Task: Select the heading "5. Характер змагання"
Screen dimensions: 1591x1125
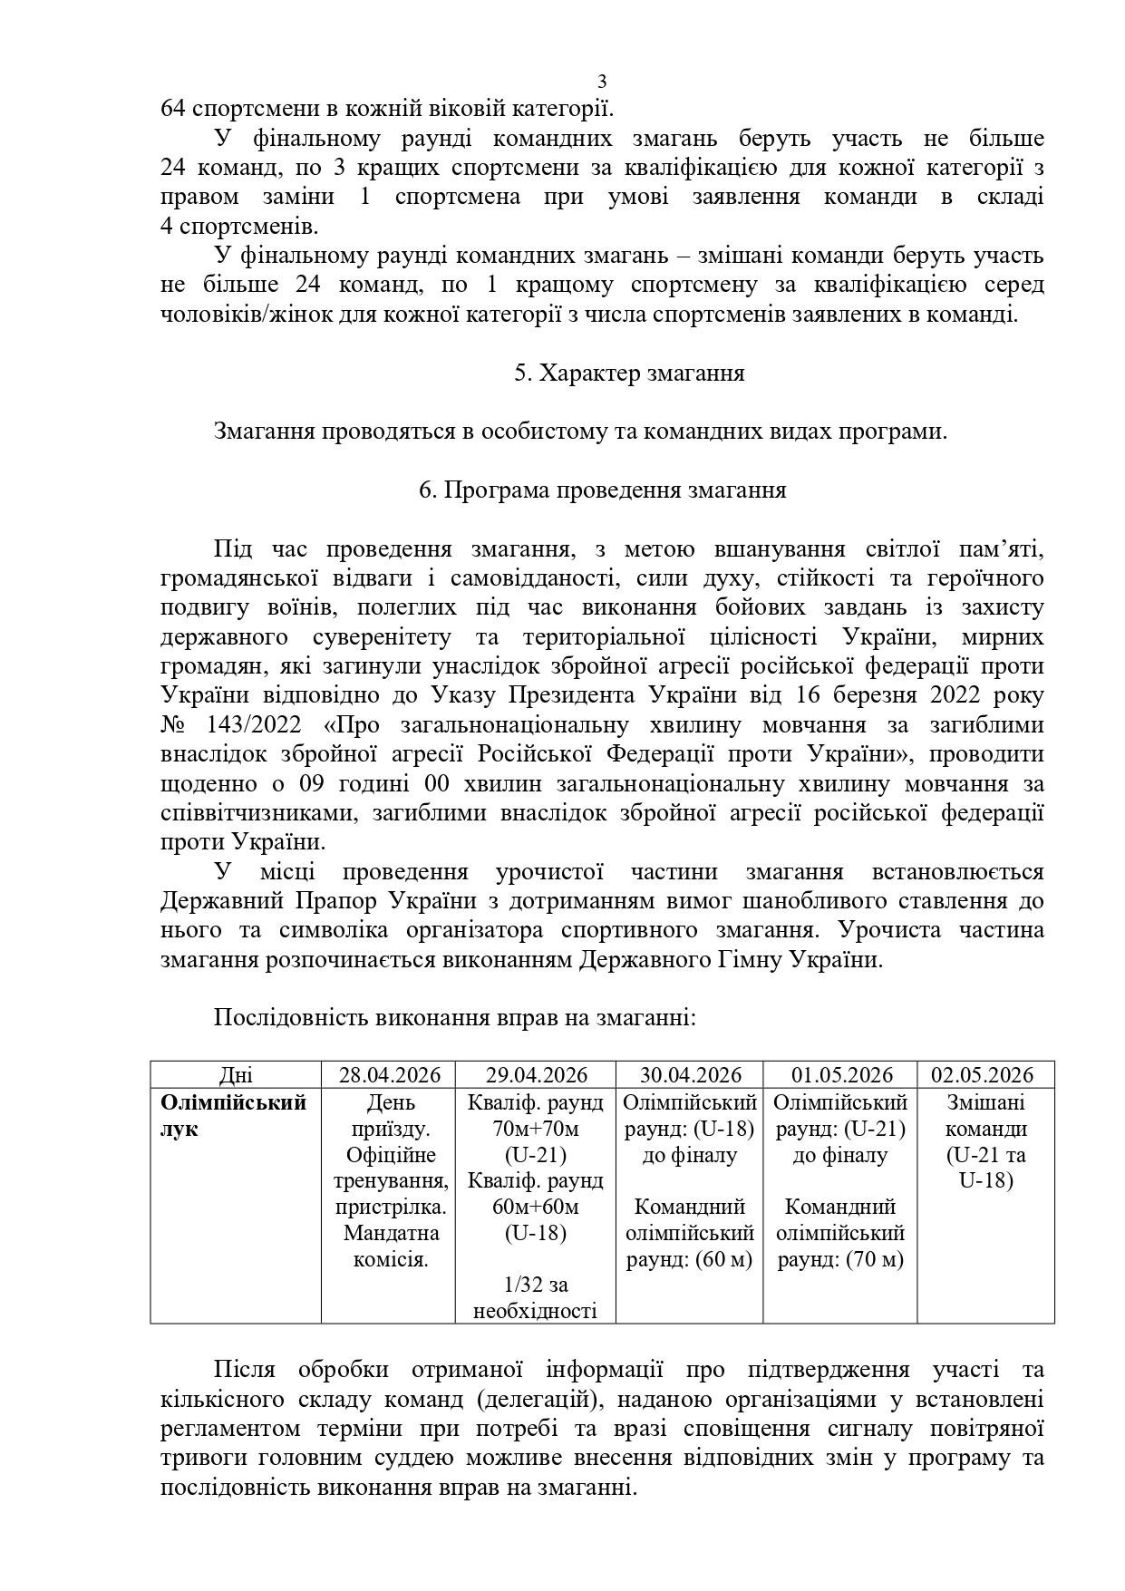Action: (x=629, y=373)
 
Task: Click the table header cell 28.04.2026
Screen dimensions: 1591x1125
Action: (x=390, y=1075)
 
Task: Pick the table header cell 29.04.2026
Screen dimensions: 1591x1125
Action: (x=536, y=1075)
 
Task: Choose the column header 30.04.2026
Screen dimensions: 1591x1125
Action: (x=690, y=1075)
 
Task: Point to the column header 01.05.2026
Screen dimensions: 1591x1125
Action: (x=841, y=1075)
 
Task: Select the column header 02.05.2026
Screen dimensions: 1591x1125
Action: (x=986, y=1075)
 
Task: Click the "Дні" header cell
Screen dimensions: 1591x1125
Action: (x=236, y=1075)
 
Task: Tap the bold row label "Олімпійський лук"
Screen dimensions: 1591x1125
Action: (x=233, y=1116)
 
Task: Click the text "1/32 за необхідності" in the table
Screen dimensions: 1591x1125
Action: (x=535, y=1297)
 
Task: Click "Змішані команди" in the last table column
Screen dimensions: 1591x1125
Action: (x=986, y=1116)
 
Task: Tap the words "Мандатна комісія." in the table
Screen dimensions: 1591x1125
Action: (x=390, y=1247)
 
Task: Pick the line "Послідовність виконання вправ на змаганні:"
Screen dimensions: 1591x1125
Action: (x=454, y=1017)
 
